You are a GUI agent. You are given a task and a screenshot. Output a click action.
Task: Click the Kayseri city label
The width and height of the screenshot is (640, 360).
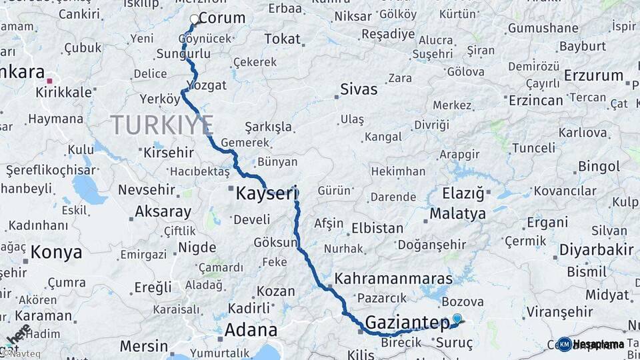click(x=265, y=194)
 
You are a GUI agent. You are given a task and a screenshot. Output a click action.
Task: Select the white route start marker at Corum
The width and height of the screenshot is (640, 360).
click(x=195, y=19)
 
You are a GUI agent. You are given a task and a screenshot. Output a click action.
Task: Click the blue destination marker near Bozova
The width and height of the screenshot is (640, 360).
click(x=457, y=319)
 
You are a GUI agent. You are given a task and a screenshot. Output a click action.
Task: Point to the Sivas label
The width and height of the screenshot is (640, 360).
click(x=359, y=89)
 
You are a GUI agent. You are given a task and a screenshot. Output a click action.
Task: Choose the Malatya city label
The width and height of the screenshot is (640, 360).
click(x=457, y=214)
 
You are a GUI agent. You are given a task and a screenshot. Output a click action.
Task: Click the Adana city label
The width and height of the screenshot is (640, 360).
click(x=251, y=330)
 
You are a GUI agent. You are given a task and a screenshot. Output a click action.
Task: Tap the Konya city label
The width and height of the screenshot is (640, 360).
click(x=57, y=252)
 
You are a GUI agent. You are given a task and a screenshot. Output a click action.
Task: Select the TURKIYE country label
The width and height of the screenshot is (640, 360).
click(x=162, y=125)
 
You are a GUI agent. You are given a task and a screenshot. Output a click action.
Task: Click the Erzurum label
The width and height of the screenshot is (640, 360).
click(x=593, y=76)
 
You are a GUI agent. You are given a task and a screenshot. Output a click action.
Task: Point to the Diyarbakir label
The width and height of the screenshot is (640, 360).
click(x=595, y=250)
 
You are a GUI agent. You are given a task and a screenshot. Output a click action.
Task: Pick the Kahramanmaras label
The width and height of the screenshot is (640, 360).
click(x=394, y=279)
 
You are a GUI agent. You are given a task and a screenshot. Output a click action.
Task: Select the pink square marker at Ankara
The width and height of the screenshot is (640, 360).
click(x=49, y=81)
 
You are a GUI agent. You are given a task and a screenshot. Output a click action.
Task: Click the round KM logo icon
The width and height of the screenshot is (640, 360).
click(x=564, y=344)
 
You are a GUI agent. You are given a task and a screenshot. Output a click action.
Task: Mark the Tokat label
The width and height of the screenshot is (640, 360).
click(x=282, y=39)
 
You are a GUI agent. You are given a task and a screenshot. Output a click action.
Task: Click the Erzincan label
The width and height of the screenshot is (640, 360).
click(x=536, y=100)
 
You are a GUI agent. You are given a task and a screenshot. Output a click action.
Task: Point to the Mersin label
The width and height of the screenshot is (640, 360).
click(x=144, y=346)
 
